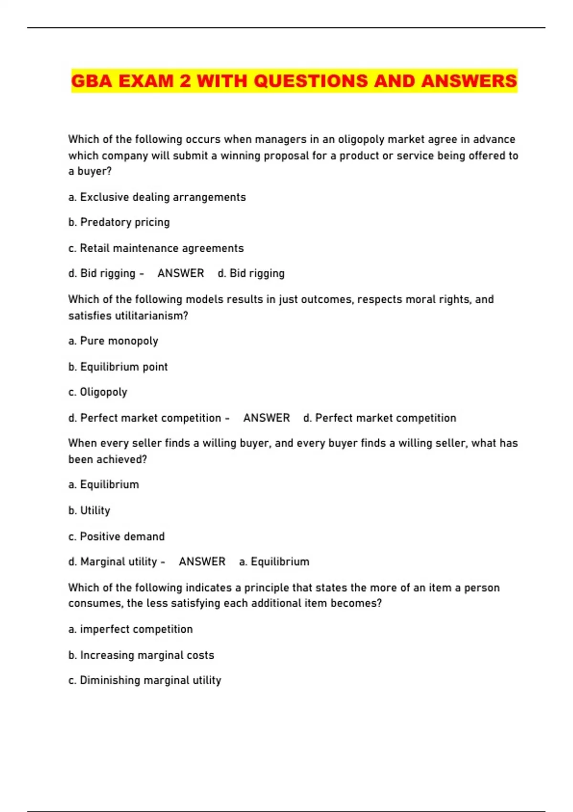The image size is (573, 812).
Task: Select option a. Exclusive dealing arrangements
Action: pyautogui.click(x=157, y=197)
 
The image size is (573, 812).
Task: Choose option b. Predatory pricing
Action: pyautogui.click(x=119, y=222)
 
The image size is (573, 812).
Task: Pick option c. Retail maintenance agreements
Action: pyautogui.click(x=156, y=248)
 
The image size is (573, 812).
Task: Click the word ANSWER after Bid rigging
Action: pyautogui.click(x=180, y=273)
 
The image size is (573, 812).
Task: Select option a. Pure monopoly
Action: pyautogui.click(x=113, y=341)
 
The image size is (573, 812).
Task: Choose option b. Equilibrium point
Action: pyautogui.click(x=118, y=366)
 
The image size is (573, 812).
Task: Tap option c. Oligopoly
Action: pyautogui.click(x=98, y=392)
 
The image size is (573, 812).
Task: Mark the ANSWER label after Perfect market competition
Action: pyautogui.click(x=266, y=418)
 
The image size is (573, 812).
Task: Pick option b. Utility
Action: pyautogui.click(x=89, y=510)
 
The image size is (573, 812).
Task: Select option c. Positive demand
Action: pyautogui.click(x=117, y=536)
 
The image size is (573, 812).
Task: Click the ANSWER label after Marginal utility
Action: pyautogui.click(x=202, y=561)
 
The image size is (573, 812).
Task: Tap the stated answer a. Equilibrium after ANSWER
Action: pyautogui.click(x=274, y=561)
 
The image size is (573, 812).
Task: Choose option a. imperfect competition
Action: pyautogui.click(x=130, y=629)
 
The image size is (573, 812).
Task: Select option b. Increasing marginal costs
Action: pyautogui.click(x=141, y=655)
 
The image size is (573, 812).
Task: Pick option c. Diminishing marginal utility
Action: pyautogui.click(x=145, y=680)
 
